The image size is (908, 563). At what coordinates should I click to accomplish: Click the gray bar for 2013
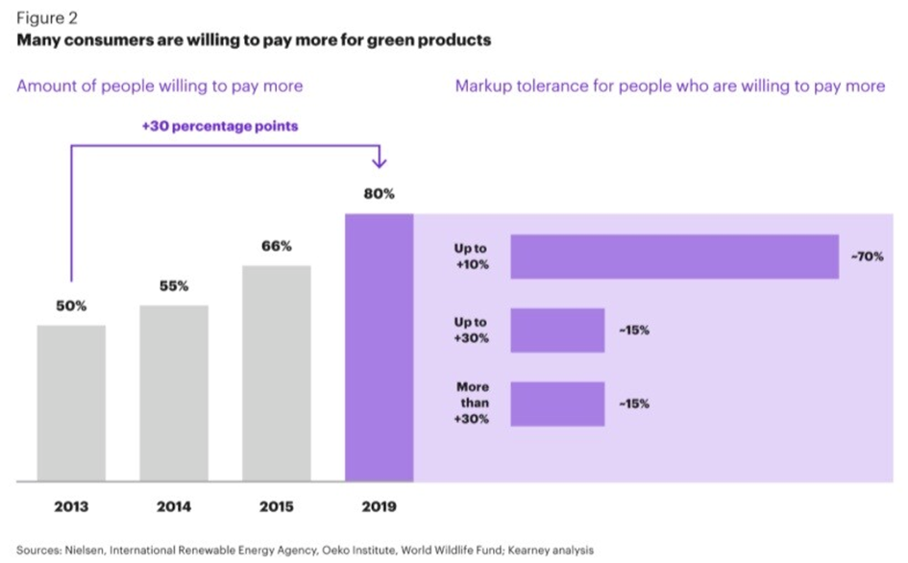pyautogui.click(x=71, y=403)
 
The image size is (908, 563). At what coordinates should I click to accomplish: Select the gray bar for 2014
pyautogui.click(x=174, y=393)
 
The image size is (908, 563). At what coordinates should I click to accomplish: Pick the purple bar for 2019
pyautogui.click(x=379, y=347)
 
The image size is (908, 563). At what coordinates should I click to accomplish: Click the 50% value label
pyautogui.click(x=71, y=306)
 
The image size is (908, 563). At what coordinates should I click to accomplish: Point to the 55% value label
pyautogui.click(x=174, y=286)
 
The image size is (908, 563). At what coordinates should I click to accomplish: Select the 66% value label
pyautogui.click(x=277, y=246)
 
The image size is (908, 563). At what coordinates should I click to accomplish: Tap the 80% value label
pyautogui.click(x=379, y=193)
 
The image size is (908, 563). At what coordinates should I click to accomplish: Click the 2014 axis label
pyautogui.click(x=174, y=506)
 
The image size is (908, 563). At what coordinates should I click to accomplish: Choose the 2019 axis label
pyautogui.click(x=379, y=506)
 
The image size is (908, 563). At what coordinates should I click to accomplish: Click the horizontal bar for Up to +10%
pyautogui.click(x=675, y=257)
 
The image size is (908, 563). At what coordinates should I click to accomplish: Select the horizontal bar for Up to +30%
pyautogui.click(x=557, y=330)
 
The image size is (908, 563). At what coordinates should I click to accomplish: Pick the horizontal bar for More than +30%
pyautogui.click(x=557, y=404)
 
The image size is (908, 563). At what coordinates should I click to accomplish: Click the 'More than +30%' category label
pyautogui.click(x=473, y=404)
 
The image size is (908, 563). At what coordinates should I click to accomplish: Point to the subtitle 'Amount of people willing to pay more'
pyautogui.click(x=160, y=86)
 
